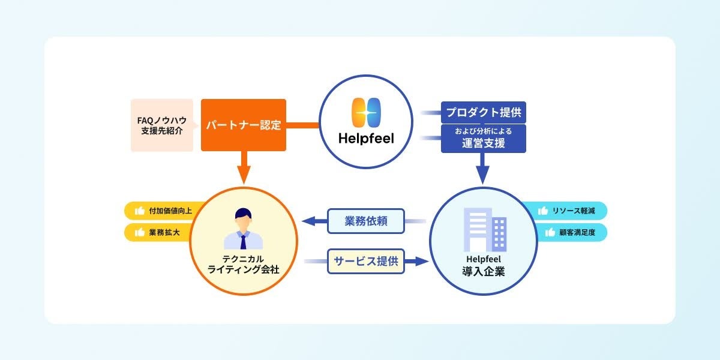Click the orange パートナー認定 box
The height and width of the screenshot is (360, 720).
(243, 125)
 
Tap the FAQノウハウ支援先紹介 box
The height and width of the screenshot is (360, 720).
(162, 125)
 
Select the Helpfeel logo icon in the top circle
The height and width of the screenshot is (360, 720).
(365, 114)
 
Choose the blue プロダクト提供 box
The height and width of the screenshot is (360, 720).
(483, 112)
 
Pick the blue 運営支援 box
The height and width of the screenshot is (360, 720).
(483, 139)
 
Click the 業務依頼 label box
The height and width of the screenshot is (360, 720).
(366, 221)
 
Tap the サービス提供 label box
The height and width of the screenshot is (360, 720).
(366, 262)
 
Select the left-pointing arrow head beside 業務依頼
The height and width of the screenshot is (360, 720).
(310, 221)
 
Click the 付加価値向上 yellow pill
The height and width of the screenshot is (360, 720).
(157, 211)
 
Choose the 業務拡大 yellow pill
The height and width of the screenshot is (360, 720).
(157, 232)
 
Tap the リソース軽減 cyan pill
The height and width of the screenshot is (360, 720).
(572, 211)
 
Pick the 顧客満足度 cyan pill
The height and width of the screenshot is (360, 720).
(572, 232)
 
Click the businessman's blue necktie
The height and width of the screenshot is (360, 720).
(243, 242)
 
